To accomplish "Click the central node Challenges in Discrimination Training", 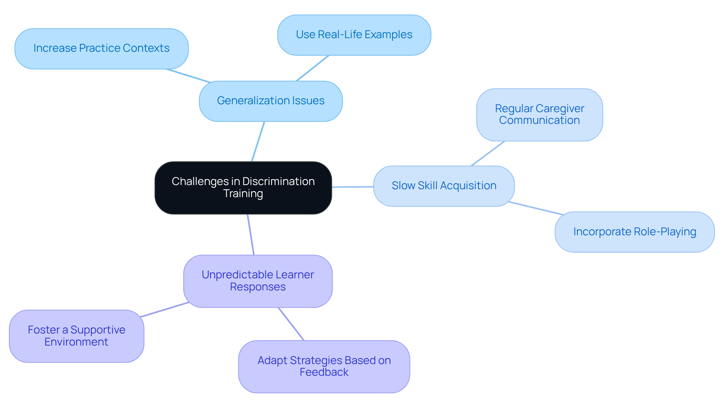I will [243, 188].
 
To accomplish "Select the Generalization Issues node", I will [271, 101].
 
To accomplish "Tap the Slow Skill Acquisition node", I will [444, 186].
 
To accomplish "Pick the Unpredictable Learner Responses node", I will [258, 281].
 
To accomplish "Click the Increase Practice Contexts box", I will [101, 48].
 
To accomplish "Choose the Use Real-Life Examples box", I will [354, 35].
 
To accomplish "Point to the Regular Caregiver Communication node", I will [540, 114].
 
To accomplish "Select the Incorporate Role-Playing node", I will [635, 232].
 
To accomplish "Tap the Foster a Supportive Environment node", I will [77, 336].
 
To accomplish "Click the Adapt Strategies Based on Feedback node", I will [324, 366].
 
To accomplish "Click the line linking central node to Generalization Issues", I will [258, 141].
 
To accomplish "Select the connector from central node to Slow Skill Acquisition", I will [353, 187].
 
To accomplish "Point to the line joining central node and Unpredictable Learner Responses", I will [251, 235].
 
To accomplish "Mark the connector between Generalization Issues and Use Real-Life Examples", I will [313, 68].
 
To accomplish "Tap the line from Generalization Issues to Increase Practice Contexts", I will [189, 76].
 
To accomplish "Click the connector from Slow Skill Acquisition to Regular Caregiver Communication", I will [488, 153].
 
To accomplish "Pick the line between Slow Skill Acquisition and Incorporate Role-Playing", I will [536, 208].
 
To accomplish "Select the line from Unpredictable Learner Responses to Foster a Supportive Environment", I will [164, 310].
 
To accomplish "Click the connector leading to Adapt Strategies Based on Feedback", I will [291, 324].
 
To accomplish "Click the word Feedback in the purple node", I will [324, 372].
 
